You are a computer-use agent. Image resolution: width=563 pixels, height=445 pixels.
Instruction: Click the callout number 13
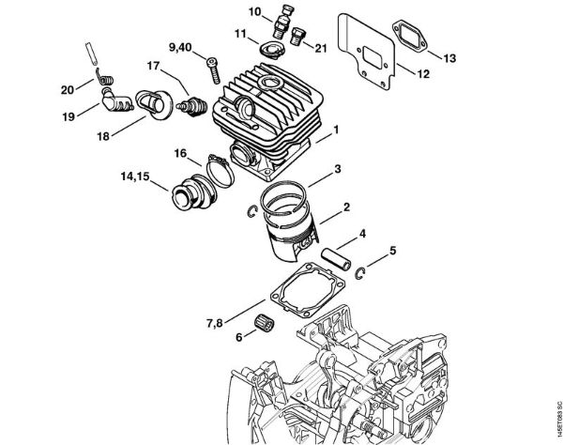449,58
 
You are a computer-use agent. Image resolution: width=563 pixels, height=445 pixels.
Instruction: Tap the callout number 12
422,74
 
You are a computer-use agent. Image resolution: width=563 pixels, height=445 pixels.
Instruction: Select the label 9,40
180,47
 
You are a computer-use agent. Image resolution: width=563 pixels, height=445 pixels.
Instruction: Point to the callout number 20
67,90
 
